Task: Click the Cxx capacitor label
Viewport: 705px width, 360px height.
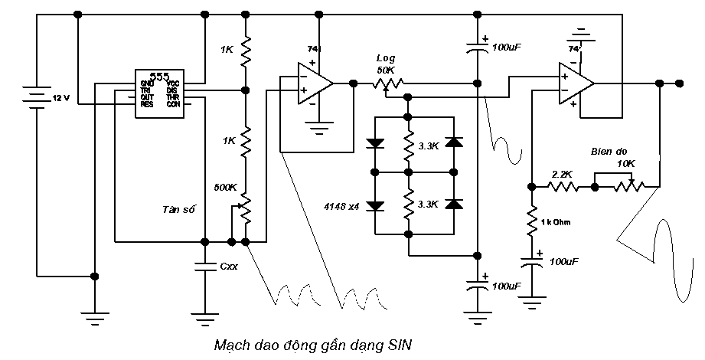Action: coord(229,267)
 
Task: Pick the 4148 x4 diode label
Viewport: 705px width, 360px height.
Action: coord(341,206)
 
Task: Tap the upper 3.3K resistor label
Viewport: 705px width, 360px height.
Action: coord(429,146)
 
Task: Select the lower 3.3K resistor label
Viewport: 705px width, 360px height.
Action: coord(429,205)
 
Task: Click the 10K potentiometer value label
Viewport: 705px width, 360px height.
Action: coord(625,163)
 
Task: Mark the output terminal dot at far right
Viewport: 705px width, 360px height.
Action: coord(678,83)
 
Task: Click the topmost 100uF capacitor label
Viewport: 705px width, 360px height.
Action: coord(507,47)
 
